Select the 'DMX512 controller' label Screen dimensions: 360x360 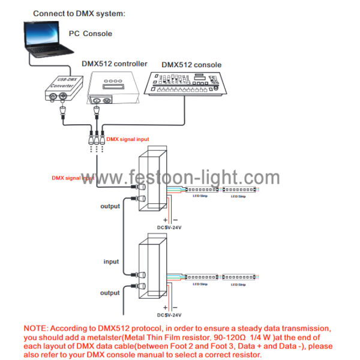114,64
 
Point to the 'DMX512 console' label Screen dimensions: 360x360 191,65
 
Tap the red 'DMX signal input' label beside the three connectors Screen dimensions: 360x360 128,139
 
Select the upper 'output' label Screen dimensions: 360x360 110,206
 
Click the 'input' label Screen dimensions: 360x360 111,262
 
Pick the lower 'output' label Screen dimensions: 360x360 110,293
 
